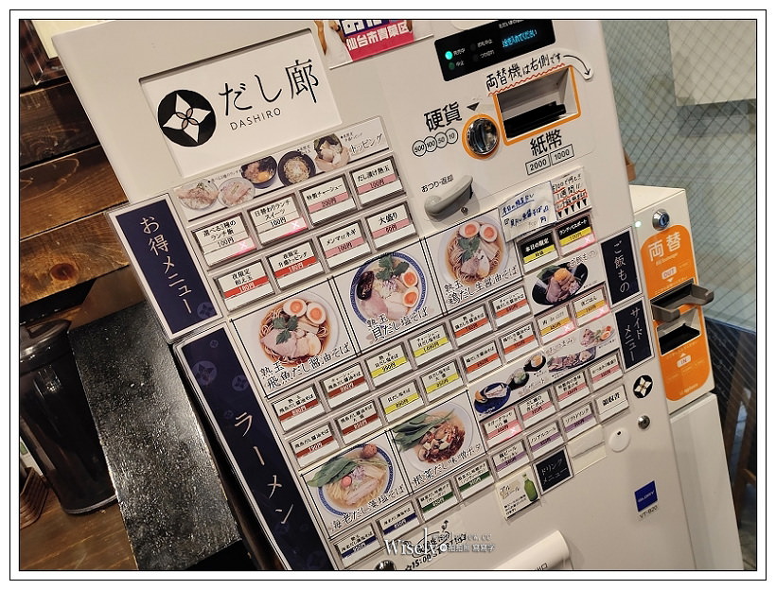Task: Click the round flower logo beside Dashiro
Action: point(186,117)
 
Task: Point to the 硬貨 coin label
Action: point(442,116)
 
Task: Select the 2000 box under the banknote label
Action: point(538,163)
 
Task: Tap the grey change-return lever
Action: point(449,196)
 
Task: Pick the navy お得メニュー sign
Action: point(166,265)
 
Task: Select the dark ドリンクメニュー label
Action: point(554,466)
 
